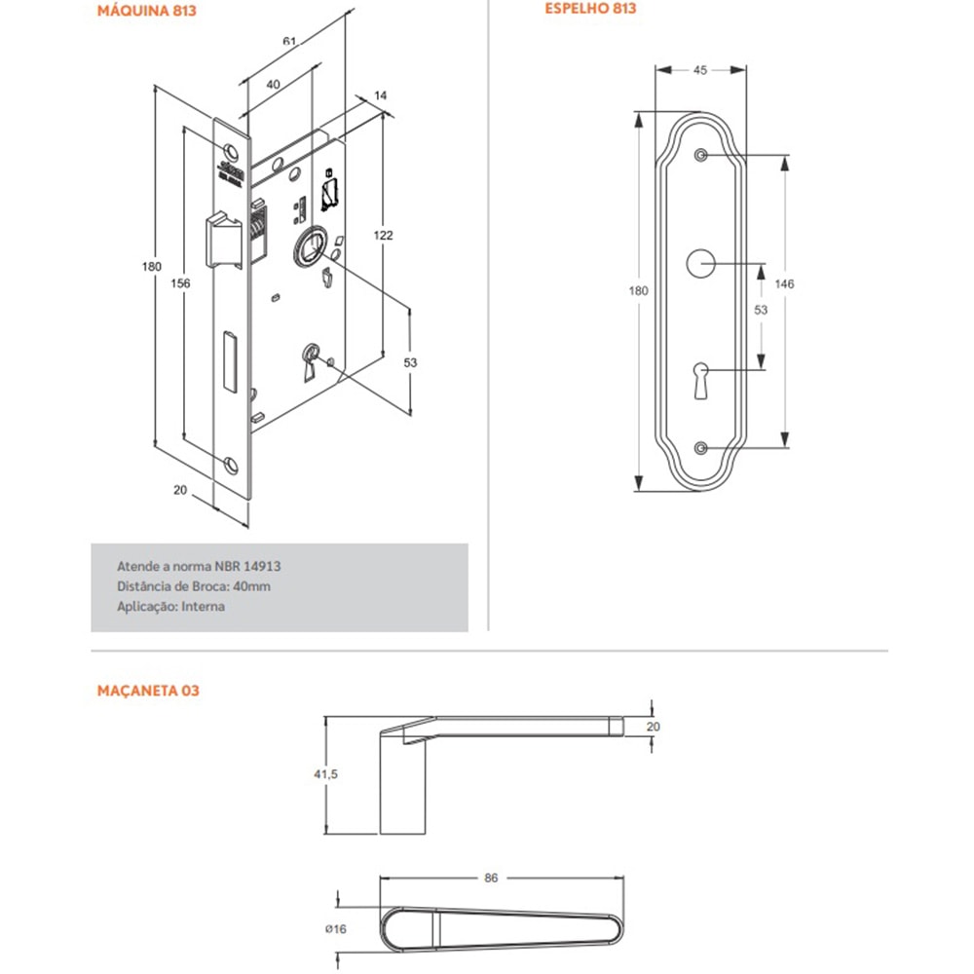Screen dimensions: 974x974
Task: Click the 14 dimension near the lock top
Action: (x=380, y=94)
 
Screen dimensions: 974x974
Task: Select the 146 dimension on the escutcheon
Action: (x=784, y=283)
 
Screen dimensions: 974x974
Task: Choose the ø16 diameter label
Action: (x=337, y=928)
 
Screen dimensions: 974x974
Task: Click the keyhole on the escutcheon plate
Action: (x=701, y=378)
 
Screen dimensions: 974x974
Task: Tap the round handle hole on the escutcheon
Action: (x=700, y=263)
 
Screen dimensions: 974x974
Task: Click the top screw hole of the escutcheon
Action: (x=700, y=155)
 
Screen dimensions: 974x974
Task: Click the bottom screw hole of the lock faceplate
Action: (x=230, y=465)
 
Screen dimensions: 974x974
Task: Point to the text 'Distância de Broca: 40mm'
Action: (x=193, y=585)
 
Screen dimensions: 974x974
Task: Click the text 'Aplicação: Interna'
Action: (x=170, y=606)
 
